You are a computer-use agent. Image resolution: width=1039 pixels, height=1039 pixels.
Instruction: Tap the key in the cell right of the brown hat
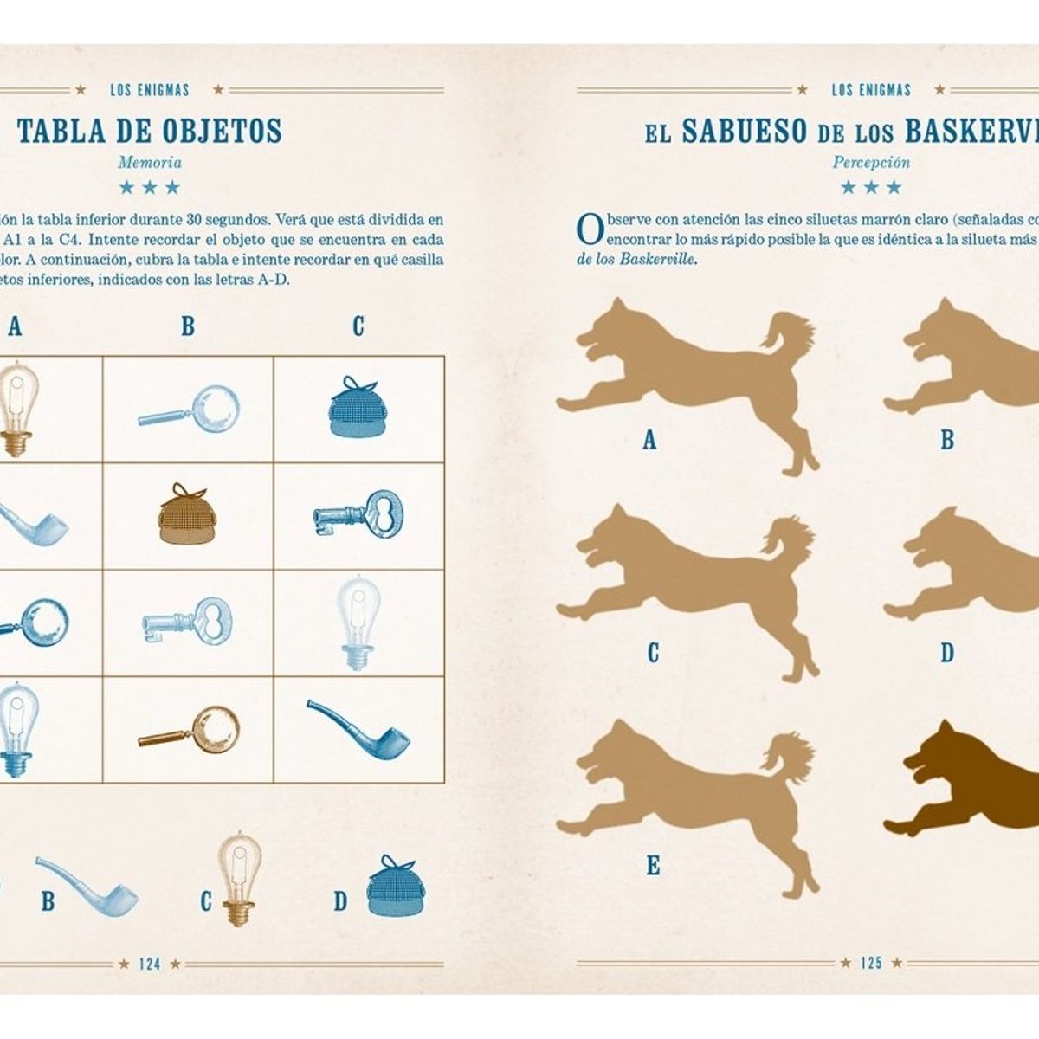(359, 513)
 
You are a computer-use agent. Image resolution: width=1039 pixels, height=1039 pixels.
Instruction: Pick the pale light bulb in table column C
(358, 623)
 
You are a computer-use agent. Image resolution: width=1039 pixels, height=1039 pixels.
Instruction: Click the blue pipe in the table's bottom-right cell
(358, 730)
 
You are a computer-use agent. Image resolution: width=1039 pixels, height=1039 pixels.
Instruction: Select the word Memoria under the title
(150, 162)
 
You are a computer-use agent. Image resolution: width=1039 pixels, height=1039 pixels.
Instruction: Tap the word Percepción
(871, 162)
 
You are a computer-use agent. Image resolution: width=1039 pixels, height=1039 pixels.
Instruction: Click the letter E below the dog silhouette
(653, 866)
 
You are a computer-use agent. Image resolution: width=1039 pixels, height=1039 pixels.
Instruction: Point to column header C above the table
(358, 326)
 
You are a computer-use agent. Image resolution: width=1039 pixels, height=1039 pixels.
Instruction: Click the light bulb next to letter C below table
(239, 879)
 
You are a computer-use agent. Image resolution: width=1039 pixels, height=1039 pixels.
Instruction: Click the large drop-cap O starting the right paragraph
(590, 230)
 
